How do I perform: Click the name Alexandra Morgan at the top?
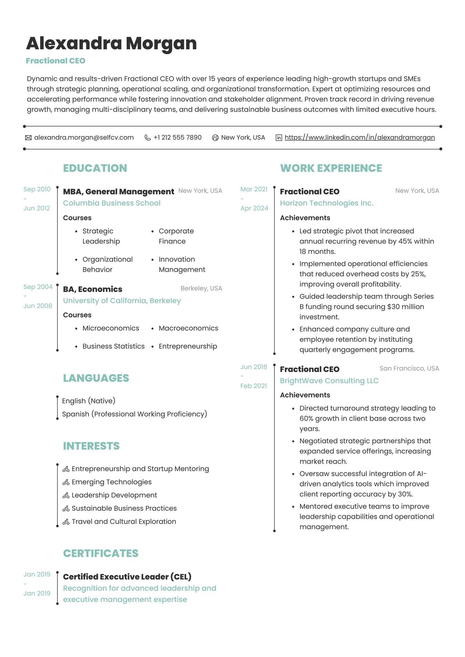click(x=111, y=44)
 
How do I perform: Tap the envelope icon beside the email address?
click(x=28, y=138)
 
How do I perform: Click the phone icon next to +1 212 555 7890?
click(x=147, y=138)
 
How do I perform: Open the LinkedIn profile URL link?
click(x=360, y=137)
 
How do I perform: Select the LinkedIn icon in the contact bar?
click(x=279, y=138)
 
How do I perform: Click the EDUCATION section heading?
click(x=95, y=168)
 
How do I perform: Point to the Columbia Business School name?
click(x=112, y=203)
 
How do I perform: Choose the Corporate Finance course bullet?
click(x=176, y=236)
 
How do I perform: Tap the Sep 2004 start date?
click(x=38, y=287)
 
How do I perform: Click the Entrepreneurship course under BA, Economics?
click(x=188, y=346)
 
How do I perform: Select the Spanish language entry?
click(x=134, y=414)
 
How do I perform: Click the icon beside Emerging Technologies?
click(x=66, y=482)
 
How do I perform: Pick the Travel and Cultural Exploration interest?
click(x=124, y=522)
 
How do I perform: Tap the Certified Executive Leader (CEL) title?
click(x=127, y=577)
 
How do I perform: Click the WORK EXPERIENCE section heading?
click(x=331, y=168)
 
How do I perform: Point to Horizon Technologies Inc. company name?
click(x=327, y=203)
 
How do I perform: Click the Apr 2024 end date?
click(x=254, y=208)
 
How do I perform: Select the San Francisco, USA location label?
click(x=409, y=368)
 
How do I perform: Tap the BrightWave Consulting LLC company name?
click(x=329, y=381)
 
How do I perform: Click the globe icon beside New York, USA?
click(x=215, y=138)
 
